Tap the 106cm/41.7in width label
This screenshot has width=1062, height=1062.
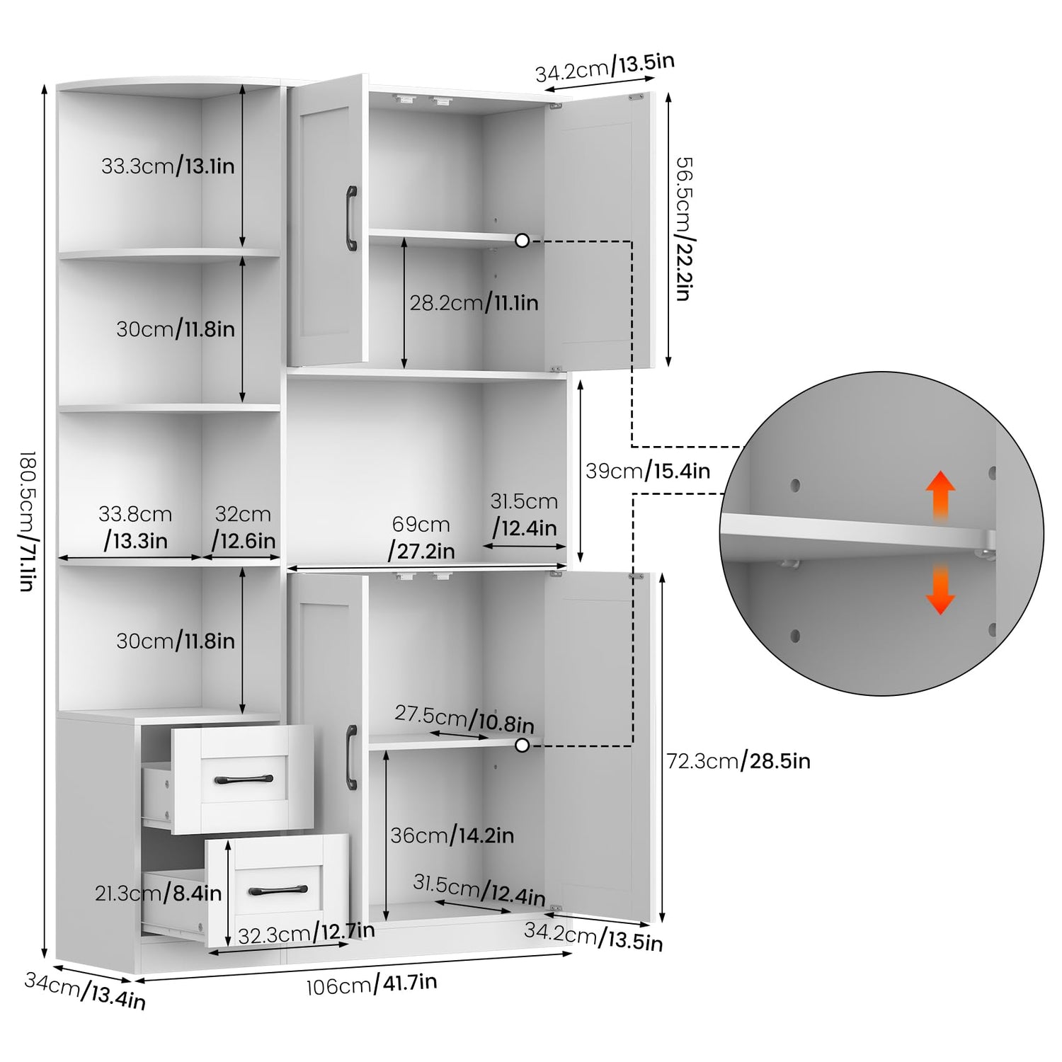point(372,984)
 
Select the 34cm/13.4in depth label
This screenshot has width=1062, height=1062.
point(85,990)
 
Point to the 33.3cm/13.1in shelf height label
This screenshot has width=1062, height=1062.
point(168,166)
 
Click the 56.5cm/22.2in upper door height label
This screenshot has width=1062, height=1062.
point(683,229)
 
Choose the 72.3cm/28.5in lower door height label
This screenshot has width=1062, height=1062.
point(738,761)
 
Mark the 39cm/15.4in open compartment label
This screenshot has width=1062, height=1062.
point(648,471)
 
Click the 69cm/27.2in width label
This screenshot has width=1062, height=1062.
point(422,537)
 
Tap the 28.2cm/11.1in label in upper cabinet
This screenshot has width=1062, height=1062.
point(474,303)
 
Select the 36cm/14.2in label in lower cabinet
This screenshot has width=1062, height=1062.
point(452,835)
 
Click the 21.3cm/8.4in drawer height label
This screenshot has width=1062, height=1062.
point(159,893)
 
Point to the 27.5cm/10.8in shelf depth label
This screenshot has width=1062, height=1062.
point(464,719)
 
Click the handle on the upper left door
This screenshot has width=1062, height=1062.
point(351,218)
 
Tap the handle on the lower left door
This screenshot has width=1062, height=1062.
point(351,758)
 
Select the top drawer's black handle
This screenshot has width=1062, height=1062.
point(244,779)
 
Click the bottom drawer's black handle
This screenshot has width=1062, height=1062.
point(279,890)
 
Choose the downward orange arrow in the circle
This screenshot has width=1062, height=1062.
point(940,588)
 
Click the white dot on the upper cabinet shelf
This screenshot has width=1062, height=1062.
point(523,241)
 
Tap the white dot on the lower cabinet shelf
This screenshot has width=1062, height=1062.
point(523,745)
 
